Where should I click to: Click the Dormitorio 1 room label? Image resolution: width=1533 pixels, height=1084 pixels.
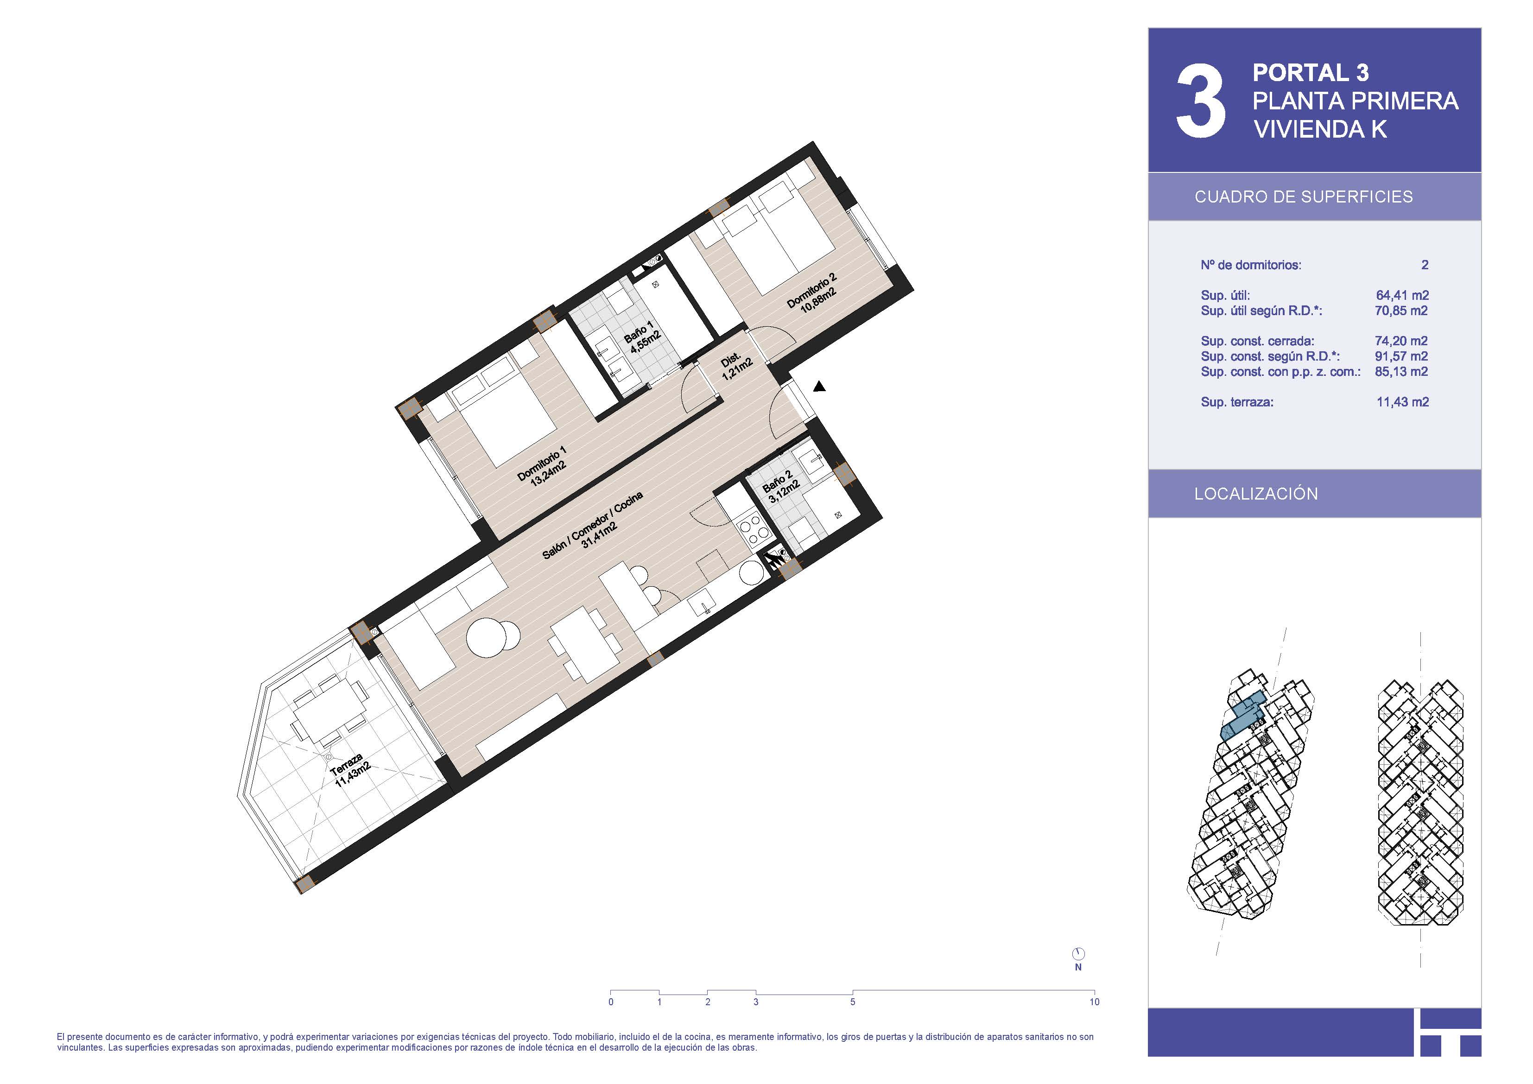[542, 465]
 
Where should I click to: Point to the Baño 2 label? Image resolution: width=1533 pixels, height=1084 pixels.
[780, 487]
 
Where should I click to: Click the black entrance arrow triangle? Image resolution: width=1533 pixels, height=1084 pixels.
[819, 386]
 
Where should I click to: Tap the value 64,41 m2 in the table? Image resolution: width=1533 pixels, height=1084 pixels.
[1402, 295]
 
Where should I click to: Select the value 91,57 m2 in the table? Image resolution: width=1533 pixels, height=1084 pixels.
[1401, 356]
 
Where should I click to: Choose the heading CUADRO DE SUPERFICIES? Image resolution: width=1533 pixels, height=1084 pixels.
[1303, 197]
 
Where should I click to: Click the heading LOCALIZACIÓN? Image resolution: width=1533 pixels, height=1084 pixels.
[1256, 494]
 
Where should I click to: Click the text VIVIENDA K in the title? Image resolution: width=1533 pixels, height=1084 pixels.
[1320, 129]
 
